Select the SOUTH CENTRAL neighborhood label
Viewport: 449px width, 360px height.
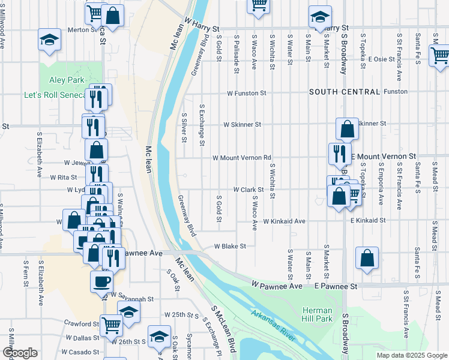pos(345,92)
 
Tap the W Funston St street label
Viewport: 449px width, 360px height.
pos(246,94)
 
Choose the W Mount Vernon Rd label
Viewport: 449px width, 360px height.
pos(242,158)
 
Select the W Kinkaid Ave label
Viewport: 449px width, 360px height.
pos(284,221)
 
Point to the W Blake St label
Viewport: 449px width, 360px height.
pos(231,246)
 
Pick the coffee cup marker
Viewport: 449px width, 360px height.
pos(101,281)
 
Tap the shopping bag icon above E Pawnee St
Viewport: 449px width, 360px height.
pos(367,258)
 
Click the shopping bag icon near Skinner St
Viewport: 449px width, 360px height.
pos(347,128)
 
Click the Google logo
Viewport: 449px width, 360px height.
pos(20,352)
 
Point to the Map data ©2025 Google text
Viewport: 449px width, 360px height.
pos(411,355)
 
